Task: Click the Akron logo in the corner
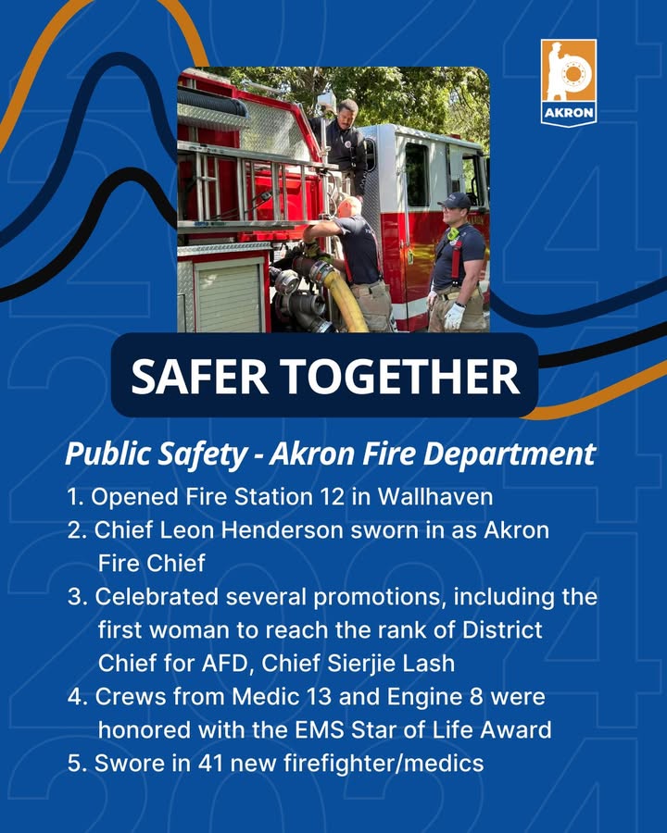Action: click(x=569, y=82)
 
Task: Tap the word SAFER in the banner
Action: click(x=199, y=376)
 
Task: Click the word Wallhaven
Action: click(x=435, y=497)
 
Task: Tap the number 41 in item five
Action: click(x=210, y=764)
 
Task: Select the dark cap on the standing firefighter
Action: click(x=454, y=200)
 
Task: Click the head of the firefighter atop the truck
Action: click(x=346, y=111)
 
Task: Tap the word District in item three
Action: click(x=502, y=630)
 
